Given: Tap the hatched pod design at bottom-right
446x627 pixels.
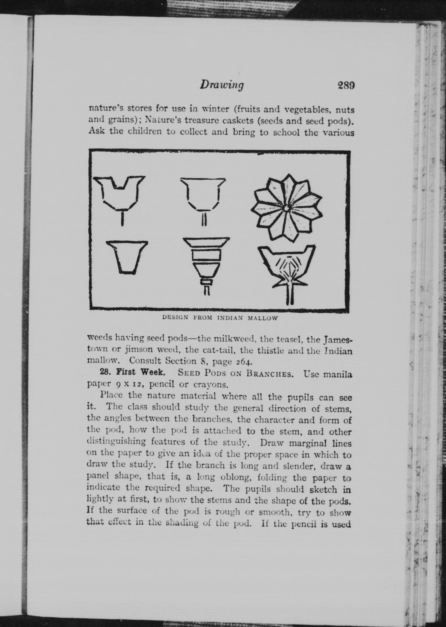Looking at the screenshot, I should tap(287, 272).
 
